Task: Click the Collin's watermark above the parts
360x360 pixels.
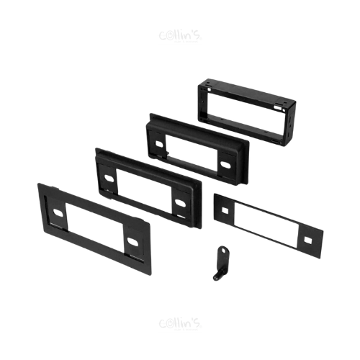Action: point(180,36)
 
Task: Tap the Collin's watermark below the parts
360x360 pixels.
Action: point(180,324)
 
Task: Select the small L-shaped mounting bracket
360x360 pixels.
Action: point(221,264)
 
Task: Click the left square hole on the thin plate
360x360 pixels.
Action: point(225,210)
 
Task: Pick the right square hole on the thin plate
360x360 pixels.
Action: point(307,240)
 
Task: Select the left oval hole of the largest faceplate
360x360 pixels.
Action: point(58,212)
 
